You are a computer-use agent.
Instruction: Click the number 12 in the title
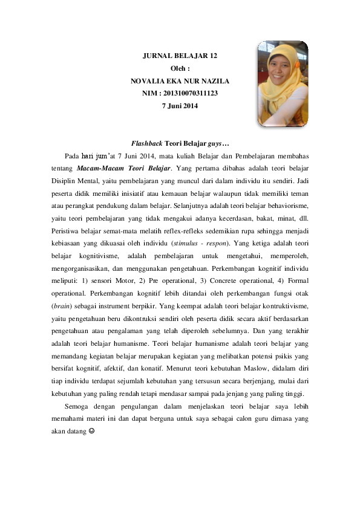click(x=212, y=56)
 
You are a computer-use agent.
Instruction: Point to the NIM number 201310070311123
click(x=188, y=93)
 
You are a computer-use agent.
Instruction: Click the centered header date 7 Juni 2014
click(x=180, y=106)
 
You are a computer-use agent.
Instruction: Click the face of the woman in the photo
click(x=280, y=78)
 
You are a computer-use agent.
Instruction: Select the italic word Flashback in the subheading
click(x=146, y=144)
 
